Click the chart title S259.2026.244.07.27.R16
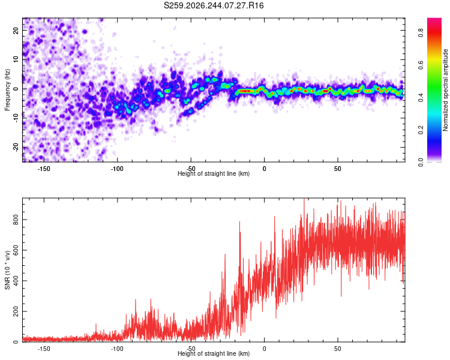(x=214, y=5)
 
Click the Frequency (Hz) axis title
(x=7, y=90)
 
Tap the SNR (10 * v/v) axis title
(x=7, y=270)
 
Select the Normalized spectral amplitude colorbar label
(x=445, y=90)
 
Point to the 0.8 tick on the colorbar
(x=421, y=33)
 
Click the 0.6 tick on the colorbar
(x=421, y=65)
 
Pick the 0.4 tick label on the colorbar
(x=421, y=98)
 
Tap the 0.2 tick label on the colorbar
(x=421, y=130)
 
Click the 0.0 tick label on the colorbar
(x=421, y=163)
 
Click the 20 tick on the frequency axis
(x=16, y=30)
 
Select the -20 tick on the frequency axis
(x=16, y=148)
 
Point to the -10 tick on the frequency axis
(x=16, y=118)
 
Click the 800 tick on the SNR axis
(x=16, y=220)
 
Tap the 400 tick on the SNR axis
(x=16, y=281)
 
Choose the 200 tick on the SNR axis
(x=16, y=311)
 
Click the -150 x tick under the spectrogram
(x=44, y=169)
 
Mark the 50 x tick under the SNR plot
(x=338, y=349)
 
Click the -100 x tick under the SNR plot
(x=117, y=349)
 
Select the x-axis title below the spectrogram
(x=214, y=173)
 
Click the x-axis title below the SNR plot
(x=214, y=353)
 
